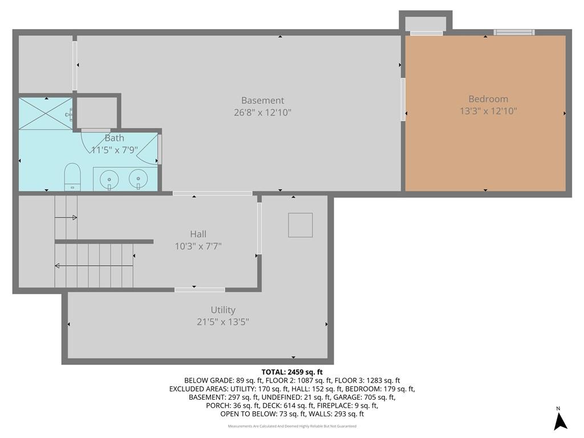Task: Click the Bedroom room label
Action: coord(488,99)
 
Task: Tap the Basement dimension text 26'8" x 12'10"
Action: coord(262,112)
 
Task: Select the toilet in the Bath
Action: coord(72,177)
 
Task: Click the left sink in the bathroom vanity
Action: coord(109,180)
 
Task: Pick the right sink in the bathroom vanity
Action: coord(138,179)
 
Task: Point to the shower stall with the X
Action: coord(46,113)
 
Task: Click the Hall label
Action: coord(198,234)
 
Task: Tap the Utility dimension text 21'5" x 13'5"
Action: coord(223,322)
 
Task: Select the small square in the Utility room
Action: coord(300,225)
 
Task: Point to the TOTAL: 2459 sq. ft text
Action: coord(292,372)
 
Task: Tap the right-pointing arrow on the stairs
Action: coord(66,217)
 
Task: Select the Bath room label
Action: coord(114,138)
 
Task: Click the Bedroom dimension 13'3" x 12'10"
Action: coord(488,111)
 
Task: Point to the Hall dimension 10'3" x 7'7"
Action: coord(198,246)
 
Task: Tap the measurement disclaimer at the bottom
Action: coord(292,426)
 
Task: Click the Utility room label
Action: coord(223,310)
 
